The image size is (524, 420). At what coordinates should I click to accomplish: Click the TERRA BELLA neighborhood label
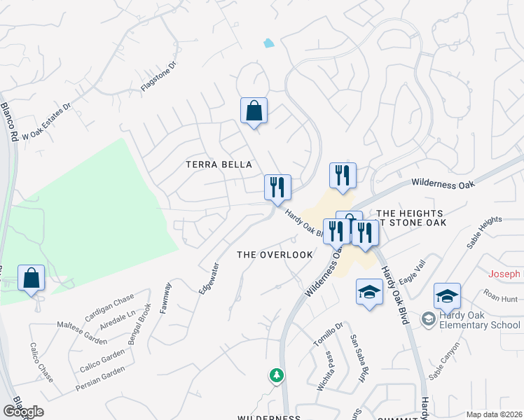pyautogui.click(x=218, y=164)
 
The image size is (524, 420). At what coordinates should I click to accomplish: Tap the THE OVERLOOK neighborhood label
pyautogui.click(x=275, y=255)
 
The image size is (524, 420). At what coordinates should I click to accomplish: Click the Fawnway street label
pyautogui.click(x=165, y=297)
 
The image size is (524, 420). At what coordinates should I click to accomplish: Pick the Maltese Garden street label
pyautogui.click(x=82, y=332)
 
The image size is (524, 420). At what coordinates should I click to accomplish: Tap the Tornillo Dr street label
pyautogui.click(x=328, y=335)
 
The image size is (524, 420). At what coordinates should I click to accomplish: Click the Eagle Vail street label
pyautogui.click(x=412, y=272)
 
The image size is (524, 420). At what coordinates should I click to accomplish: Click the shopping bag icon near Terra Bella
pyautogui.click(x=254, y=111)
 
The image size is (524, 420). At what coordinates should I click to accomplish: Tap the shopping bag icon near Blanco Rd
pyautogui.click(x=32, y=278)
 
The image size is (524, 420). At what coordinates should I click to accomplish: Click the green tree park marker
pyautogui.click(x=277, y=376)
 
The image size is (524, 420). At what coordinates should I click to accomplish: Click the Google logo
pyautogui.click(x=23, y=412)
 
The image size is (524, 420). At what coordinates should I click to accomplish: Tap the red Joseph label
pyautogui.click(x=504, y=274)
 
